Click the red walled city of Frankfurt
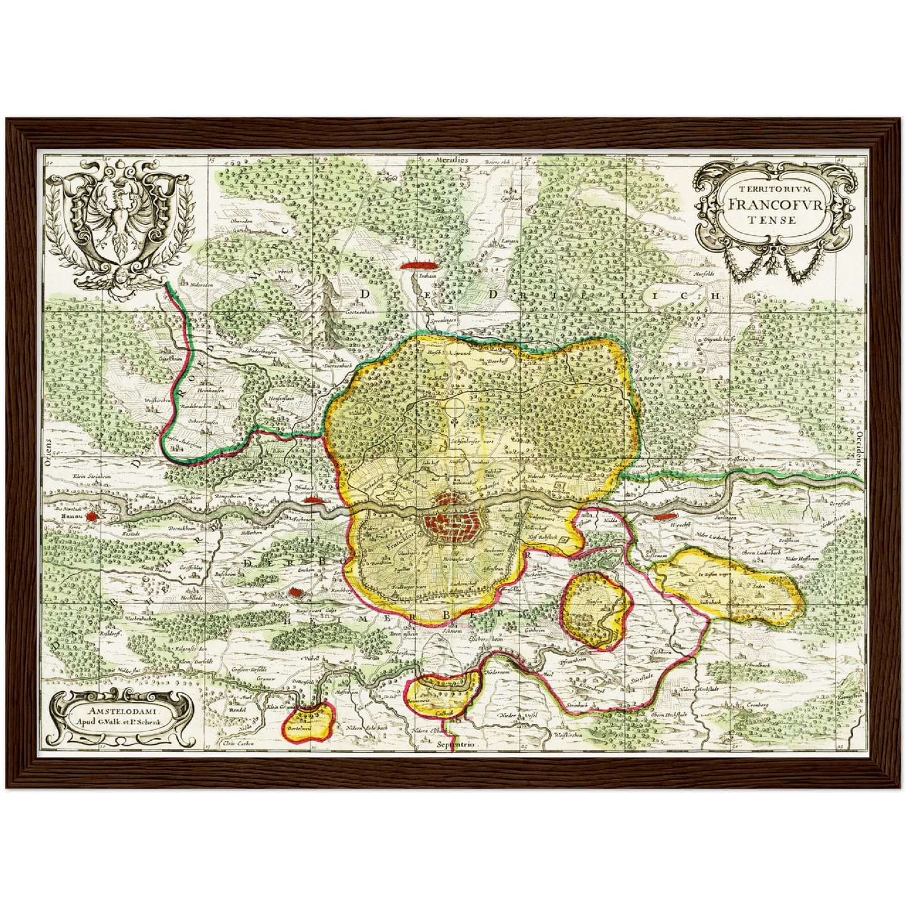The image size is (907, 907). (454, 518)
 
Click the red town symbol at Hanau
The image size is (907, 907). (92, 517)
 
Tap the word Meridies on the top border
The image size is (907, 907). (453, 160)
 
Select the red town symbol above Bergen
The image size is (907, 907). (295, 592)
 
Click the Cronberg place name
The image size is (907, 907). (757, 706)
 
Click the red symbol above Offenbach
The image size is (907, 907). (313, 501)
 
